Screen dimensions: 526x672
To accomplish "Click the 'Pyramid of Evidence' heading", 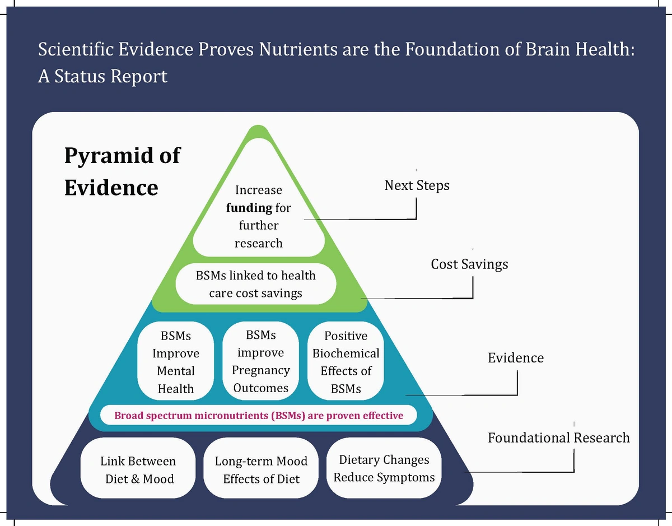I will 122,171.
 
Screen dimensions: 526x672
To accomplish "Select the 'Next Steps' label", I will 417,185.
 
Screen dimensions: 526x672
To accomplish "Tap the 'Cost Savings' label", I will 469,264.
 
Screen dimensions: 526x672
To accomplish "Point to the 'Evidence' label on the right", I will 515,357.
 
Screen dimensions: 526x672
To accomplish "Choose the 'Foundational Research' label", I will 558,437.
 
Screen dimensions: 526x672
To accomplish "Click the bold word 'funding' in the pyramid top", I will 249,208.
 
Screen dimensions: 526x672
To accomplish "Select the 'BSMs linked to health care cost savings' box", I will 255,284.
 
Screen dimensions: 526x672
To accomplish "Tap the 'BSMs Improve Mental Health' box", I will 176,362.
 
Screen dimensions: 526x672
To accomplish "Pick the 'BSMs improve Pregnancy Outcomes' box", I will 261,361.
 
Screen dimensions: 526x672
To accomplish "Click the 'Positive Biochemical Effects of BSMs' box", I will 346,362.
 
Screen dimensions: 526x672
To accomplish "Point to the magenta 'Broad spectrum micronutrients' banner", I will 259,416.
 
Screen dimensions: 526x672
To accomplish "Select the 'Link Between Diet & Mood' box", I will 138,469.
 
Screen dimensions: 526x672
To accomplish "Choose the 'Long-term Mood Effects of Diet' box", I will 261,469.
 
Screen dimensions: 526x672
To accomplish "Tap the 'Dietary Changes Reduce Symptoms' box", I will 384,468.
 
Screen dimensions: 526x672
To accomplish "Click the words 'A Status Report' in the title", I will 102,76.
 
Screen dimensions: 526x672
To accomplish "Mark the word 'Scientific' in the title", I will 76,50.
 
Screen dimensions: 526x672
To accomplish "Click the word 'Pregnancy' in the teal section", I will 261,370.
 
